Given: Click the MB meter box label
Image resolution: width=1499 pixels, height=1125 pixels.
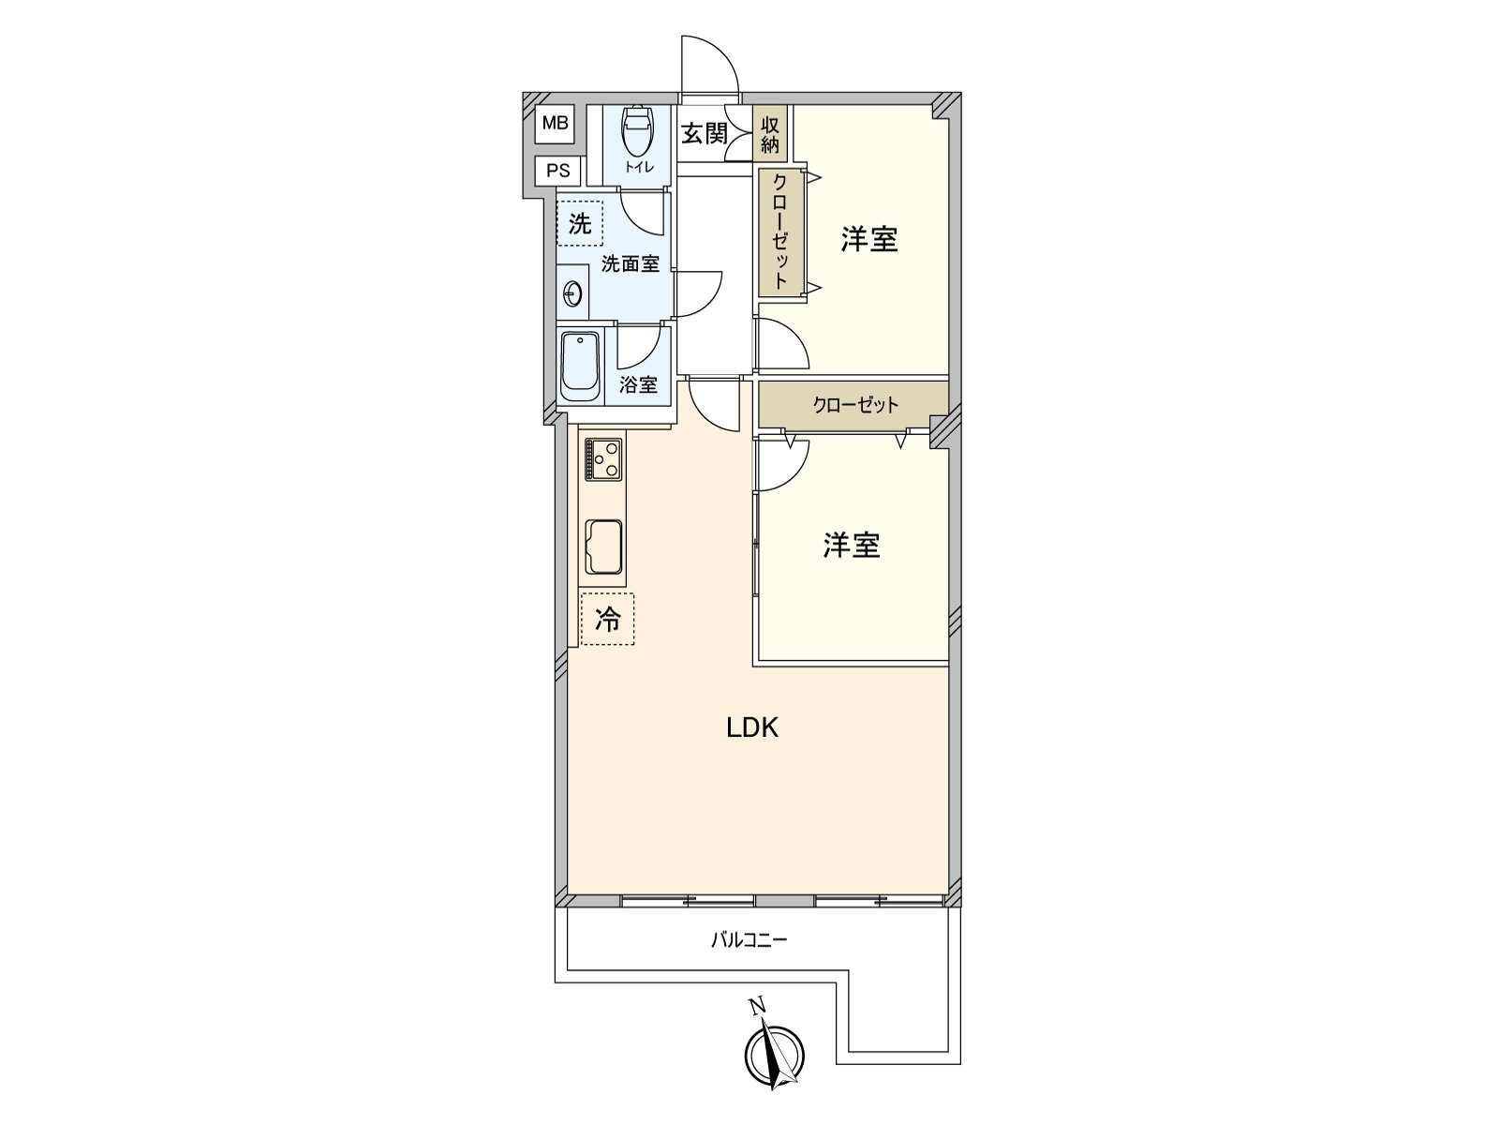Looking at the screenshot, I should (555, 123).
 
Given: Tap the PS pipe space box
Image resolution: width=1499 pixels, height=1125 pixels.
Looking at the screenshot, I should (558, 171).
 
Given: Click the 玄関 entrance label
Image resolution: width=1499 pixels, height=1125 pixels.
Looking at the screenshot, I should (704, 133).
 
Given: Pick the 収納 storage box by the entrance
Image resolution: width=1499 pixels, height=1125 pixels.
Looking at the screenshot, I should (770, 134).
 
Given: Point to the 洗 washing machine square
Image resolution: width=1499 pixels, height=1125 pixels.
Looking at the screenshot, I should (580, 224).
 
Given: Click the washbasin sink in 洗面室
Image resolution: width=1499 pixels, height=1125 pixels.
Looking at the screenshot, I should (572, 294).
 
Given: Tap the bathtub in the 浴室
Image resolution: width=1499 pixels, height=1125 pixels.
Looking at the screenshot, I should (580, 367).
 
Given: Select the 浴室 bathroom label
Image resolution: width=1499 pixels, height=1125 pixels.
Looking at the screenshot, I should (638, 384).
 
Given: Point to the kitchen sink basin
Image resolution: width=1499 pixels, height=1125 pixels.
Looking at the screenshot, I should (604, 547).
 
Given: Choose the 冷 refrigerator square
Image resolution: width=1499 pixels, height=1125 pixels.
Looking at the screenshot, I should (607, 619).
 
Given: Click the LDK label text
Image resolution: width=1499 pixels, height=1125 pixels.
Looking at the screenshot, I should (752, 727).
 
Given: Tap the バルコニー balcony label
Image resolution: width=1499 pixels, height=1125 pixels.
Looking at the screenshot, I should (749, 939).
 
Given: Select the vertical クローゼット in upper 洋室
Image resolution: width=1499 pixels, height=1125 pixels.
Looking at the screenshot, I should (779, 232).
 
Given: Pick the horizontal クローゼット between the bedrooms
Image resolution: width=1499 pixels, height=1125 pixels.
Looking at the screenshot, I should (854, 405).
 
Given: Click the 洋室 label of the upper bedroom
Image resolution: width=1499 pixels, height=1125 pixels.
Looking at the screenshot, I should (869, 239).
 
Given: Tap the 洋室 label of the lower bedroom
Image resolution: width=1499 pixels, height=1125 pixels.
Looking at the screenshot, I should (852, 546).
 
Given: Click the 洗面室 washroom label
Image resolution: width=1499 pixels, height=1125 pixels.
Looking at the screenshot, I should (631, 264).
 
